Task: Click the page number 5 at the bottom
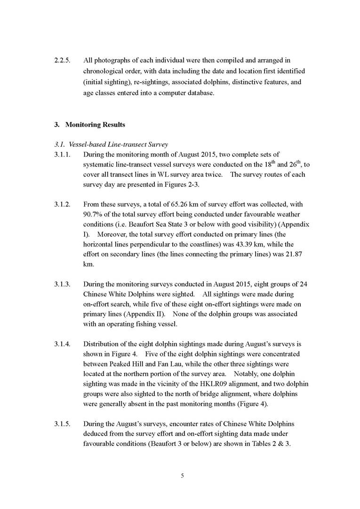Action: coord(183,476)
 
